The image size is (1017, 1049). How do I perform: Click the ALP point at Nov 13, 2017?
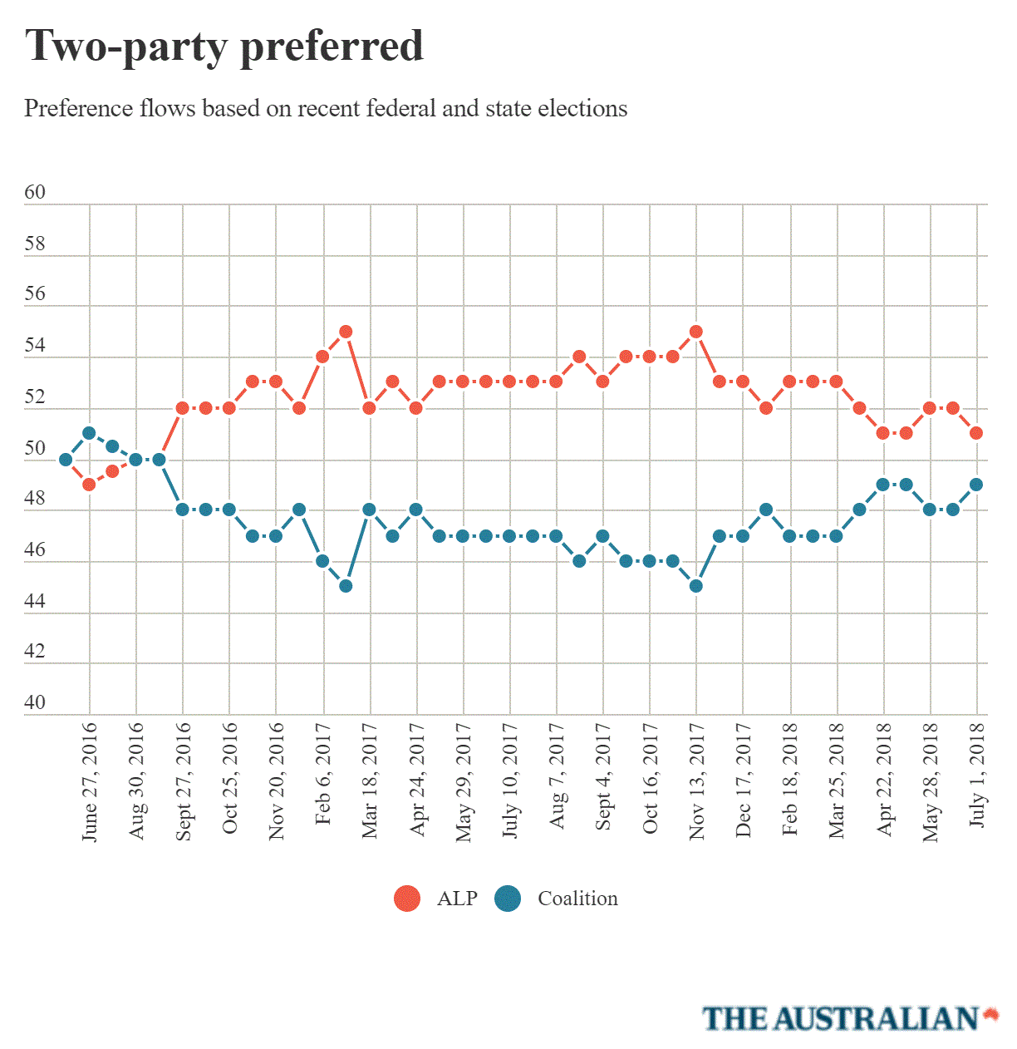coord(696,332)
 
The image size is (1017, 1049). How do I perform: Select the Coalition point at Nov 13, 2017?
coord(696,586)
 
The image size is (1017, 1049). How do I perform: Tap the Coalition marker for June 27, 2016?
coord(89,433)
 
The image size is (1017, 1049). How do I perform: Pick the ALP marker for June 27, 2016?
coord(89,485)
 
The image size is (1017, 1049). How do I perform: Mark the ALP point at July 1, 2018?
coord(976,433)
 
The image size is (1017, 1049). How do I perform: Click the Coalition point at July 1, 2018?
coord(976,485)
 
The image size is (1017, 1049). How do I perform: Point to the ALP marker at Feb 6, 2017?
coord(322,357)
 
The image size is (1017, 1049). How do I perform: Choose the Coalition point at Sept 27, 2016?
coord(182,510)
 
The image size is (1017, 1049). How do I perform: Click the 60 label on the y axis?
coord(35,193)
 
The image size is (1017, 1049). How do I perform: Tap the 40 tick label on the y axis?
coord(35,702)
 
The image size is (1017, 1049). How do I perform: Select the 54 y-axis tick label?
coord(35,346)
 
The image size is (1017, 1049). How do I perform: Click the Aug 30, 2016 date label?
coord(136,781)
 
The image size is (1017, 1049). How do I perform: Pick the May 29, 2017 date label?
coord(464,781)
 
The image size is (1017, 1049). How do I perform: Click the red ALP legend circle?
coord(407,899)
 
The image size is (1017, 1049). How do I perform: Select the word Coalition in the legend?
coord(577,899)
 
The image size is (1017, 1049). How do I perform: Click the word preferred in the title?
coord(332,47)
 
